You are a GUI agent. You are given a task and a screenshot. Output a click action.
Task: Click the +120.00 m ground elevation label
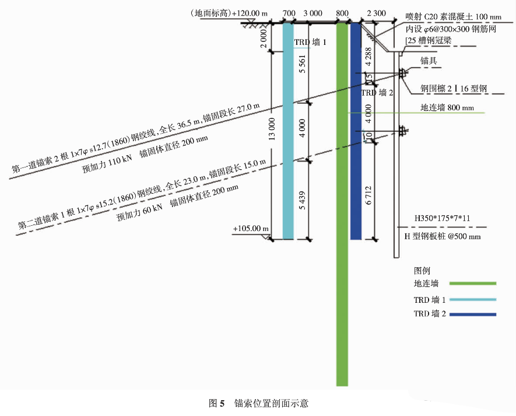[x=250, y=13]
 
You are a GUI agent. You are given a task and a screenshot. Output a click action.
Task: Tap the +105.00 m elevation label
[x=251, y=229]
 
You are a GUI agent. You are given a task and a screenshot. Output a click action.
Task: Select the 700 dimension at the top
[x=289, y=13]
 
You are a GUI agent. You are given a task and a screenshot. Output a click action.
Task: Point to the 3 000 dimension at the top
[x=313, y=13]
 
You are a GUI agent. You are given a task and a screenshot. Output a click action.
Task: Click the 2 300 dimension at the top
[x=376, y=13]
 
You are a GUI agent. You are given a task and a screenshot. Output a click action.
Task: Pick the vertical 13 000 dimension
[x=272, y=129]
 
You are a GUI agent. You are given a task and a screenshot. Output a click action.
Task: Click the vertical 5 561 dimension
[x=303, y=64]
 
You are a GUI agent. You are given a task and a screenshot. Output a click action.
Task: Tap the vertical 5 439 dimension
[x=303, y=201]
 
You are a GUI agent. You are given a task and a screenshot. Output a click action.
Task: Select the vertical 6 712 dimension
[x=368, y=195]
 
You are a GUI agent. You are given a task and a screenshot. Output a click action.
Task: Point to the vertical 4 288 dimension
[x=368, y=57]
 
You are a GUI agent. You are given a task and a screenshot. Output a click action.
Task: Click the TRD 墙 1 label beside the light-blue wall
[x=310, y=43]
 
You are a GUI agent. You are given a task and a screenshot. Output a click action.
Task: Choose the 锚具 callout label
[x=429, y=61]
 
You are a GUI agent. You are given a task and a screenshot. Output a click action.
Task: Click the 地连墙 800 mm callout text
[x=447, y=107]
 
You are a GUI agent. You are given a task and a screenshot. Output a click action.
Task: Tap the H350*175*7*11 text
[x=442, y=218]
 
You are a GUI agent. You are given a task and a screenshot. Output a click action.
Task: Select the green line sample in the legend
[x=473, y=283]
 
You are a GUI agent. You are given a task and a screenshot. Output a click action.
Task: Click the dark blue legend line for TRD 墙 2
[x=473, y=314]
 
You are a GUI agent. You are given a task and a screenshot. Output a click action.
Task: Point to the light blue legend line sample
[x=473, y=299]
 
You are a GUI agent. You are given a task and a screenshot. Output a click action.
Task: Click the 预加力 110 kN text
[x=107, y=164]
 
